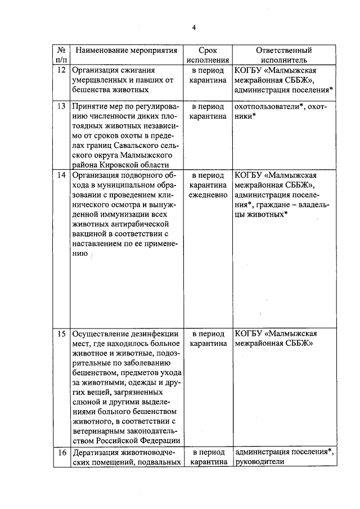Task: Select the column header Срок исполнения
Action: click(208, 55)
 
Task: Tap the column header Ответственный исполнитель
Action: click(284, 55)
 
